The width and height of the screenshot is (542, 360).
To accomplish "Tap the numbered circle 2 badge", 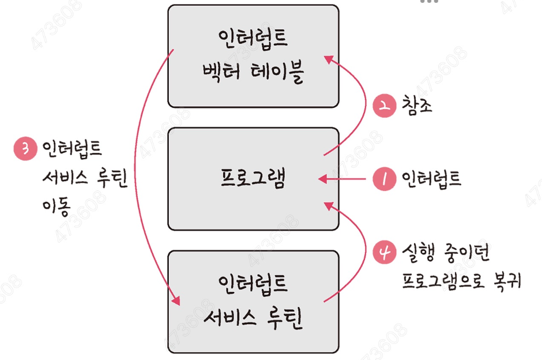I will coord(382,107).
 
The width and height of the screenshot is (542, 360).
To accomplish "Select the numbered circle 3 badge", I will coord(24,149).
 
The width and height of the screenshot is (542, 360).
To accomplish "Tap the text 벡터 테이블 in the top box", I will coord(253,74).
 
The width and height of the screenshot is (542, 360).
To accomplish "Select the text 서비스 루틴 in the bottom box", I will coord(253,317).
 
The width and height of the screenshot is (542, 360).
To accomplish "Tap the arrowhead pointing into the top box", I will coord(329,58).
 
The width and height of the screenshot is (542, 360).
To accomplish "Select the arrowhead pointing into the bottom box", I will coord(176,301).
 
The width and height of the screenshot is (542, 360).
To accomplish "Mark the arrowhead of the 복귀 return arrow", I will coord(329,205).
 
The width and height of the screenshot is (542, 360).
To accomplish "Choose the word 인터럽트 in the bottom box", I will coord(253,284).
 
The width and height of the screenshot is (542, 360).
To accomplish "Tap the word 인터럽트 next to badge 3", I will coord(70,149).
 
